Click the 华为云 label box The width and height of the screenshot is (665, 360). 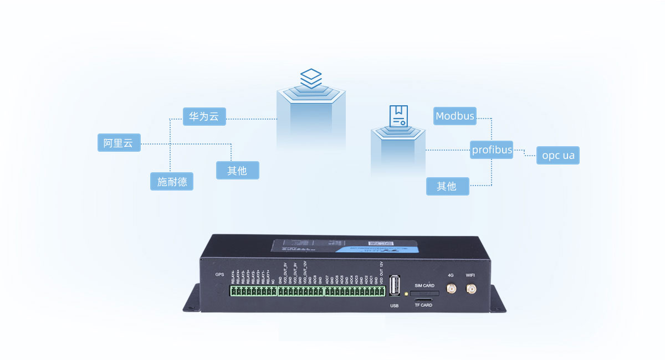click(204, 117)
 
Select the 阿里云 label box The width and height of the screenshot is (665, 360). click(119, 143)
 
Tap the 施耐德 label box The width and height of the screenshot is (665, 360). click(172, 181)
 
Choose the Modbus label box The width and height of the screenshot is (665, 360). click(454, 116)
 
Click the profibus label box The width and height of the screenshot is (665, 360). click(492, 150)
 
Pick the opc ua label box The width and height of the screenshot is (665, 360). click(557, 156)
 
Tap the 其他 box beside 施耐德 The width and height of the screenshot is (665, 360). click(237, 170)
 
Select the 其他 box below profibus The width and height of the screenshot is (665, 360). click(447, 186)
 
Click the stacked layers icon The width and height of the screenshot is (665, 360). click(311, 78)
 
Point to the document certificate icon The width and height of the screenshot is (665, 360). click(398, 116)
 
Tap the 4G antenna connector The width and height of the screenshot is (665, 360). click(451, 289)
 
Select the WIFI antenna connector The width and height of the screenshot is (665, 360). click(470, 289)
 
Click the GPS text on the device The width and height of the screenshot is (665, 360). click(219, 275)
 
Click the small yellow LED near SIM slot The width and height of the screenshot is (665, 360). click(407, 293)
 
